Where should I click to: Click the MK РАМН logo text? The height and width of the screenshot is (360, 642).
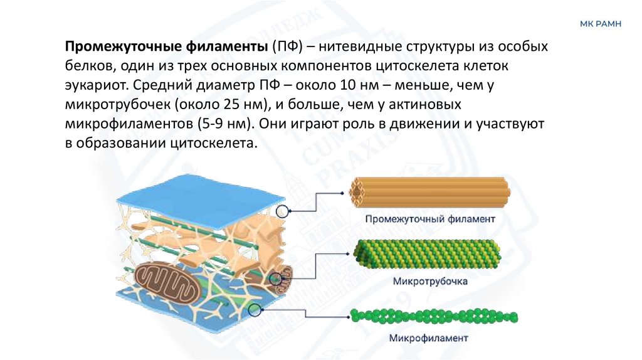[x=601, y=24]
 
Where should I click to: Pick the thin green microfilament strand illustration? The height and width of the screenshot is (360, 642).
[x=433, y=315]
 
